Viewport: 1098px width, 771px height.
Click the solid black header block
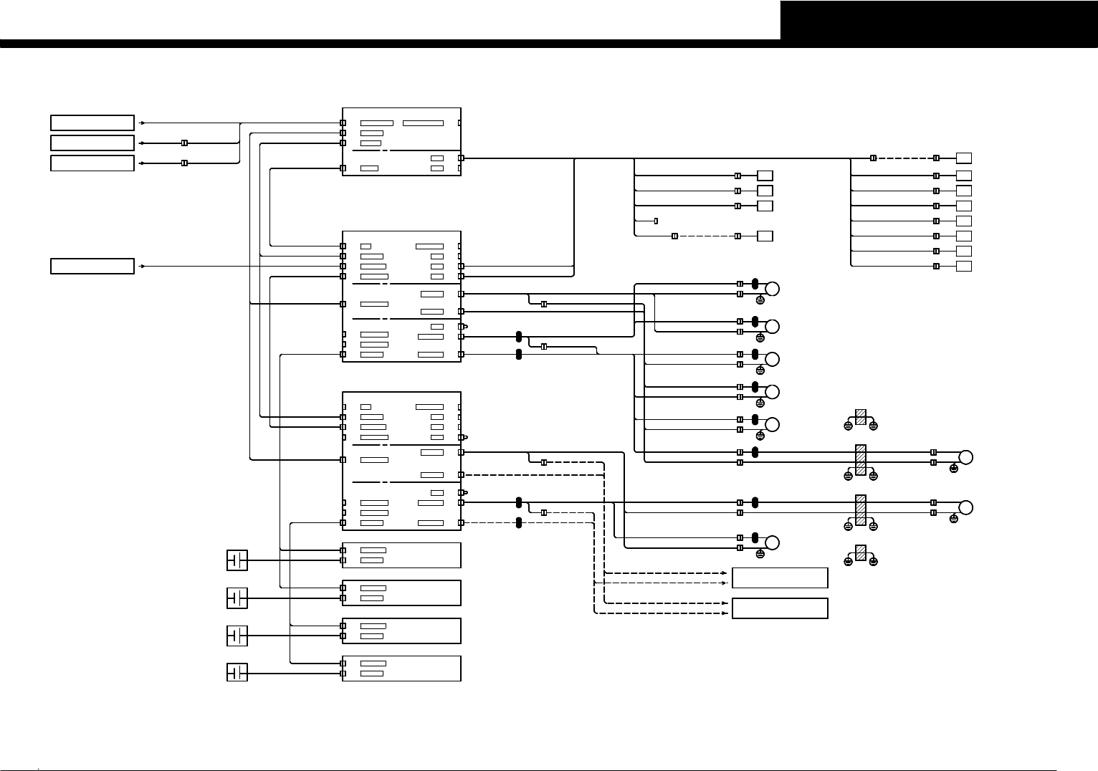[x=939, y=20]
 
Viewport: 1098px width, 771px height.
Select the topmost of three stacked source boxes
[x=92, y=123]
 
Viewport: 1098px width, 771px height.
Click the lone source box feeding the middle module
[x=92, y=266]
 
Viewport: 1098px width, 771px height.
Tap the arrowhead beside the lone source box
[x=143, y=266]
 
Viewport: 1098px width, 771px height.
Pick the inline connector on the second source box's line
[x=184, y=143]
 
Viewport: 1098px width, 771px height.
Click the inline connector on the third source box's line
[x=184, y=163]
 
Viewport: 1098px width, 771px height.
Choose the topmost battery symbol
[x=237, y=560]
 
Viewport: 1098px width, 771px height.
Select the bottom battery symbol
[x=237, y=673]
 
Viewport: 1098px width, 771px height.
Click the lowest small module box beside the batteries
[x=401, y=669]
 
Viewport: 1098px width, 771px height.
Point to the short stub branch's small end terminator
[x=656, y=221]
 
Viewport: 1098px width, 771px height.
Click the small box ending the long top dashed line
[x=964, y=158]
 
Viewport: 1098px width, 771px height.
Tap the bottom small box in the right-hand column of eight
[x=964, y=267]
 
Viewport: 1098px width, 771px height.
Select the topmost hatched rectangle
[x=861, y=417]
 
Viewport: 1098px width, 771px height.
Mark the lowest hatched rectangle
[x=861, y=552]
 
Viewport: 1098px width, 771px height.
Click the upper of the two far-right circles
[x=966, y=457]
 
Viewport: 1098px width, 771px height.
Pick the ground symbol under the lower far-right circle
[x=953, y=518]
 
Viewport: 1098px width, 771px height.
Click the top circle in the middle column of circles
[x=773, y=289]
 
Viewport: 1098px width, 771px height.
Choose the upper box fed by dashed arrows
[x=780, y=578]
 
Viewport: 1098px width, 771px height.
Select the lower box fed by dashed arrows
[x=780, y=608]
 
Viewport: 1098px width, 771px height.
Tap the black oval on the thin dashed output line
[x=519, y=522]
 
